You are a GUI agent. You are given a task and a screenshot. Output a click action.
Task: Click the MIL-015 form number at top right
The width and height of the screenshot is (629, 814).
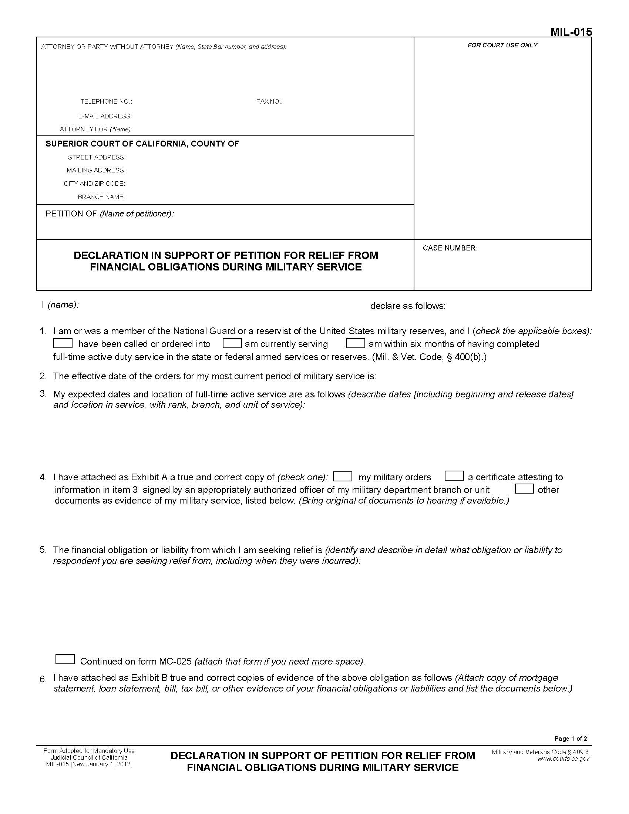tap(571, 32)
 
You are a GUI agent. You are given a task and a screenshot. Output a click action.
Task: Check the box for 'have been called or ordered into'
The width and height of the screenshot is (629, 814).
tap(63, 343)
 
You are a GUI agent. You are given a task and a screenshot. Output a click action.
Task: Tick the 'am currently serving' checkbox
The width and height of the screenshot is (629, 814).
tap(232, 343)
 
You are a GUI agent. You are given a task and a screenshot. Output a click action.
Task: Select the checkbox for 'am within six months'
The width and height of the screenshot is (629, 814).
tap(355, 343)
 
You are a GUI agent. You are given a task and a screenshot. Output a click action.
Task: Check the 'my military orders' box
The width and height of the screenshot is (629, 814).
tap(343, 476)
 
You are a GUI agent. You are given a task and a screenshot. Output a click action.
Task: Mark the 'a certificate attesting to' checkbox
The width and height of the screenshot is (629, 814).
tap(454, 476)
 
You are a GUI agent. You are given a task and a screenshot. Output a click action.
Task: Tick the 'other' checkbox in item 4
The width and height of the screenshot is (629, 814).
tap(524, 489)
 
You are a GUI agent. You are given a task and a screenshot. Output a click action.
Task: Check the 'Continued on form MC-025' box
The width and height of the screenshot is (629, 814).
tap(65, 659)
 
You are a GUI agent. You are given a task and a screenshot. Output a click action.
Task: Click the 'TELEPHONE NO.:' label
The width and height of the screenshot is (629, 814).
tap(106, 102)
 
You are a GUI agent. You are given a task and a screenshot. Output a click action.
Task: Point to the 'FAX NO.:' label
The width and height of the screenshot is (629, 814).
tap(269, 102)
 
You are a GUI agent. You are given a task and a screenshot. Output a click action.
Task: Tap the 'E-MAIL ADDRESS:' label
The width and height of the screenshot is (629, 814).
tap(105, 117)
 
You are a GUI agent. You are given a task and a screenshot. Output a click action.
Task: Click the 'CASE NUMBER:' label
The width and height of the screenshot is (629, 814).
tap(450, 248)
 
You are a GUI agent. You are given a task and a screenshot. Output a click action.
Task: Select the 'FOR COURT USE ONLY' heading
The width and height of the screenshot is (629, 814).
tap(502, 46)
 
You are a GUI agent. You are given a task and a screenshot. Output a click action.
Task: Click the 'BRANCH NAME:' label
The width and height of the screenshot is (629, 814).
tap(101, 197)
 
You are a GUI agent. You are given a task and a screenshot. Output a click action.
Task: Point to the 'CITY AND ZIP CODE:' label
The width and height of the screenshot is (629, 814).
tap(94, 184)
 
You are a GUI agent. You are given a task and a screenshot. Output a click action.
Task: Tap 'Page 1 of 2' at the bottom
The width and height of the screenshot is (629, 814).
tap(571, 739)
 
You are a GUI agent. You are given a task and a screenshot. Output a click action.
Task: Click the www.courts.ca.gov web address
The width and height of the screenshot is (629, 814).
tap(563, 759)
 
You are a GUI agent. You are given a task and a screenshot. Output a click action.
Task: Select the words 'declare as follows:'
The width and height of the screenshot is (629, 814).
tap(408, 306)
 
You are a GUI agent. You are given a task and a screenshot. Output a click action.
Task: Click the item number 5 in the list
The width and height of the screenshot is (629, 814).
tap(43, 550)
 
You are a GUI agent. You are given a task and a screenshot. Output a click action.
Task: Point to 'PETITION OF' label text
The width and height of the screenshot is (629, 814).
tap(71, 214)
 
